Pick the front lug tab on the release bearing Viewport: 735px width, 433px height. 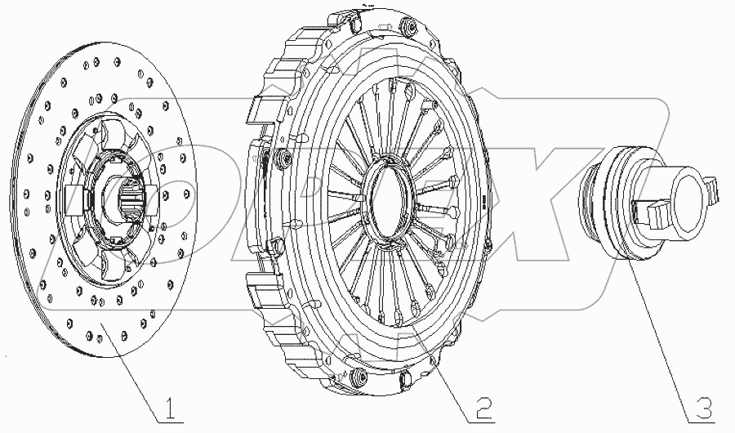pos(653,214)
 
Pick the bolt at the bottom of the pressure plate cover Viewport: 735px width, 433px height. pos(357,377)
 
